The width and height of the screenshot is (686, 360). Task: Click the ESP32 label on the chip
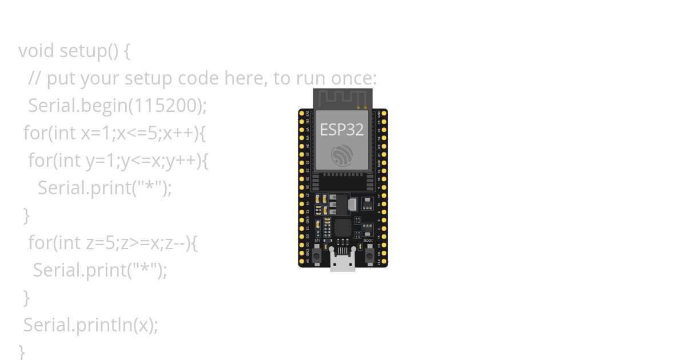pyautogui.click(x=341, y=130)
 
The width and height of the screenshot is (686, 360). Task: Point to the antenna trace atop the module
pyautogui.click(x=342, y=98)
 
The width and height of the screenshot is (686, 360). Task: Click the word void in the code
pyautogui.click(x=37, y=51)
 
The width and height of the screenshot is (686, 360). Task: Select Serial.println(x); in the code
pyautogui.click(x=90, y=325)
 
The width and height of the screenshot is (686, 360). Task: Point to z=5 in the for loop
pyautogui.click(x=101, y=243)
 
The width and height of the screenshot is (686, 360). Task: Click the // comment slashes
pyautogui.click(x=35, y=78)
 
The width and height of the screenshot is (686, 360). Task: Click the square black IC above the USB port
pyautogui.click(x=342, y=228)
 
